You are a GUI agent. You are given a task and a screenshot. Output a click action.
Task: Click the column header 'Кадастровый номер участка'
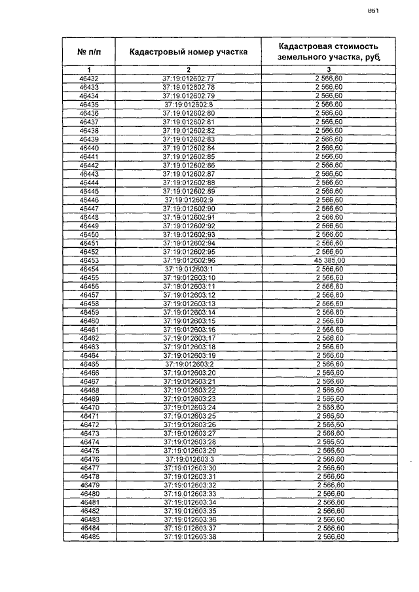coord(189,52)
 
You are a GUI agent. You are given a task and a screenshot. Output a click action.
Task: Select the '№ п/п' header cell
coord(89,52)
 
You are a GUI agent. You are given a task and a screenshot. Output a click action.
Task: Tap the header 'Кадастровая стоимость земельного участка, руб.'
coord(329,52)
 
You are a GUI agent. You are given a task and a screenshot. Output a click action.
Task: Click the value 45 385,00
coord(329,260)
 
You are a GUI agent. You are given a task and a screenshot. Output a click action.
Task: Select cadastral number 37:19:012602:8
coord(189,104)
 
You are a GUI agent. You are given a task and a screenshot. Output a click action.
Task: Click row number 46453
coord(89,260)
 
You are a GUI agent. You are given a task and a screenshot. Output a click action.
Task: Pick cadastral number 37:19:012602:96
coord(189,260)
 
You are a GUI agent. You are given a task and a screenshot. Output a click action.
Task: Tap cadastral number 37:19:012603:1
coord(189,268)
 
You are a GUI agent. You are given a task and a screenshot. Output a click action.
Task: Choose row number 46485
coord(89,536)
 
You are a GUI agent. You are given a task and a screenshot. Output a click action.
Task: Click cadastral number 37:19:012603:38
coord(189,536)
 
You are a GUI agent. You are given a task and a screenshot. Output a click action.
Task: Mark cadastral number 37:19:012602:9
coord(189,200)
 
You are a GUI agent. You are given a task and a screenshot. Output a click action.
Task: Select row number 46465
coord(89,364)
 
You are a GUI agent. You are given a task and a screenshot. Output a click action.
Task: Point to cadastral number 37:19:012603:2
coord(189,364)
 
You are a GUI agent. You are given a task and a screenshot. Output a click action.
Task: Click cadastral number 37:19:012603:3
coord(189,459)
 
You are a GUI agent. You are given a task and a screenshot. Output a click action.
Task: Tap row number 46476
coord(89,459)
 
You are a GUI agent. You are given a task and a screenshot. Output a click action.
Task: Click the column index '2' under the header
coord(189,69)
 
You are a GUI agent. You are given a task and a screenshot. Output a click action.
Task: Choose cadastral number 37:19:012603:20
coord(189,372)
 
